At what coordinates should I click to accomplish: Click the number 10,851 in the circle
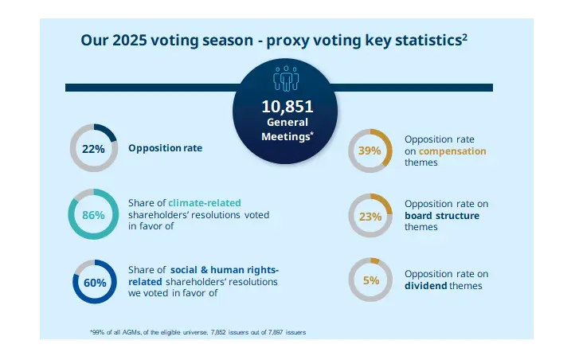tap(287, 106)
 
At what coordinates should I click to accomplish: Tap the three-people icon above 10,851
tap(287, 80)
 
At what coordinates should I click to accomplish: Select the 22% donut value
tap(94, 148)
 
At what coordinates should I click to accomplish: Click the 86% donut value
tap(94, 215)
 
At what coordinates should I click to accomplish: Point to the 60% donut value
tap(95, 282)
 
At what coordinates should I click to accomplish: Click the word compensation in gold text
tap(453, 151)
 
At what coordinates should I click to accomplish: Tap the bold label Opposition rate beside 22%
tap(165, 148)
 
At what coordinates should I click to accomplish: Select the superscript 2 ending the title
tap(464, 36)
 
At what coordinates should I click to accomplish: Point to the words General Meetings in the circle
tap(287, 128)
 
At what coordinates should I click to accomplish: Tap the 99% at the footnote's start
tap(99, 331)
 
